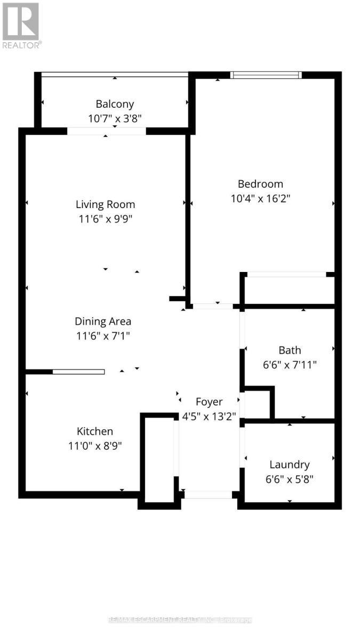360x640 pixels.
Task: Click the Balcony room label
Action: click(115, 104)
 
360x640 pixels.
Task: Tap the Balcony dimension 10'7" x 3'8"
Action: click(115, 118)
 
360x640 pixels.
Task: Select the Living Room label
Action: click(105, 204)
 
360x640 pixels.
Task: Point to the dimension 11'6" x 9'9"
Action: click(105, 219)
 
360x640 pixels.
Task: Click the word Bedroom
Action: click(260, 184)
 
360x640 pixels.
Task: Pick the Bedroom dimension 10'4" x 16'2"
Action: click(260, 198)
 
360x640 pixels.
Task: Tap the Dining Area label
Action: click(103, 322)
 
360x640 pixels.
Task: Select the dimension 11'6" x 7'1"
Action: click(103, 336)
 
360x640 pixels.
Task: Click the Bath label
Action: click(290, 350)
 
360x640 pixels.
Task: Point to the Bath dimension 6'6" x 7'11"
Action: click(290, 365)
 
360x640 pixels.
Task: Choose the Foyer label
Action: click(209, 402)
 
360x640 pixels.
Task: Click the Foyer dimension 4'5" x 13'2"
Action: click(209, 415)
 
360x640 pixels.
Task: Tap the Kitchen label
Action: click(95, 431)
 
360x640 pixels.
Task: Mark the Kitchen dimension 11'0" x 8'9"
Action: click(95, 446)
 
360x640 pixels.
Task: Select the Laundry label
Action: click(289, 465)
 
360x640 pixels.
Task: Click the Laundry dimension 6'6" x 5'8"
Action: click(289, 479)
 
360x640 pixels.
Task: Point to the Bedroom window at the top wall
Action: click(266, 75)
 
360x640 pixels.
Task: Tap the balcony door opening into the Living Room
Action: click(107, 131)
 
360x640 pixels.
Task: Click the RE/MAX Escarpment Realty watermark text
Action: click(180, 620)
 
